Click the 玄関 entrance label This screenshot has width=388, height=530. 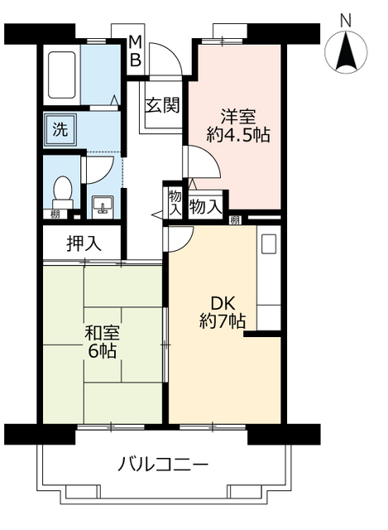click(x=163, y=105)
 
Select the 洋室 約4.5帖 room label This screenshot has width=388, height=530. click(x=238, y=124)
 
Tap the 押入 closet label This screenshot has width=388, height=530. click(x=84, y=243)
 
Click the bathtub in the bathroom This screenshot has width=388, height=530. click(x=62, y=75)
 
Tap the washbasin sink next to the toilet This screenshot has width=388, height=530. click(x=103, y=205)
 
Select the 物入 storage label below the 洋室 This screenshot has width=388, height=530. click(x=205, y=206)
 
